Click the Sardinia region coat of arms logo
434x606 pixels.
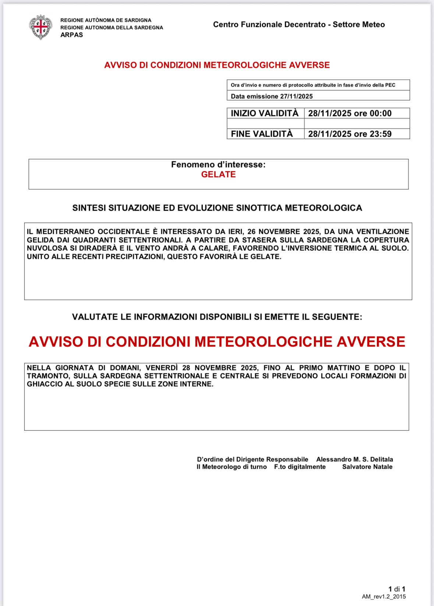[x=40, y=27]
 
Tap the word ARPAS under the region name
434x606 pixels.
[x=71, y=35]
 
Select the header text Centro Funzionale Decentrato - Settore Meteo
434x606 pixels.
[x=299, y=25]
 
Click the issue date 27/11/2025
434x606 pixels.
[x=296, y=96]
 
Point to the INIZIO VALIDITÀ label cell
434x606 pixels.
[x=265, y=113]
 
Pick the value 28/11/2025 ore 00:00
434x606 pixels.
[x=350, y=113]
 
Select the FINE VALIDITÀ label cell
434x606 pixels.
[x=262, y=134]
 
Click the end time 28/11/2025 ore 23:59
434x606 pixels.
[x=350, y=134]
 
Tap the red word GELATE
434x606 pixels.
[x=218, y=175]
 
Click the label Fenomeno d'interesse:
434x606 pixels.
[x=218, y=165]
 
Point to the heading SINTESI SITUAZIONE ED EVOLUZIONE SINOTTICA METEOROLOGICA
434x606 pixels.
[x=217, y=208]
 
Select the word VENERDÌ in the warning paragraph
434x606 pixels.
[x=162, y=368]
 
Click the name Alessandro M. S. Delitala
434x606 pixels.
[x=354, y=459]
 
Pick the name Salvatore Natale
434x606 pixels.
[x=367, y=467]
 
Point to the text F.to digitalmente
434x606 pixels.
[x=300, y=467]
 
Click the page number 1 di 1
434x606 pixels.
[x=396, y=589]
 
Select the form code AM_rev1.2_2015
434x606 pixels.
[x=384, y=597]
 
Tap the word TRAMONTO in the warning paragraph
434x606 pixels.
[x=47, y=376]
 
